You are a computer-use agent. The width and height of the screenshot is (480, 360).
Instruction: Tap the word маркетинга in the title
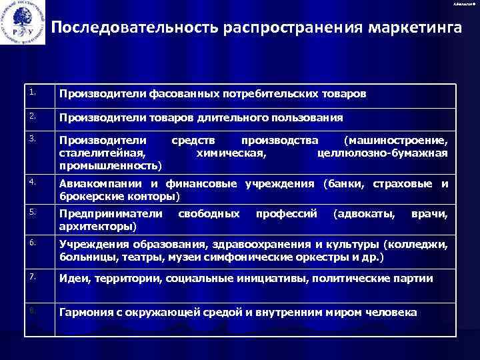point(406,29)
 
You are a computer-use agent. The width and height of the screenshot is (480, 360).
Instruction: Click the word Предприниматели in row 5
point(111,214)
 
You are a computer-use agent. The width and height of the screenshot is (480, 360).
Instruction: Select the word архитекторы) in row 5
point(99,227)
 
